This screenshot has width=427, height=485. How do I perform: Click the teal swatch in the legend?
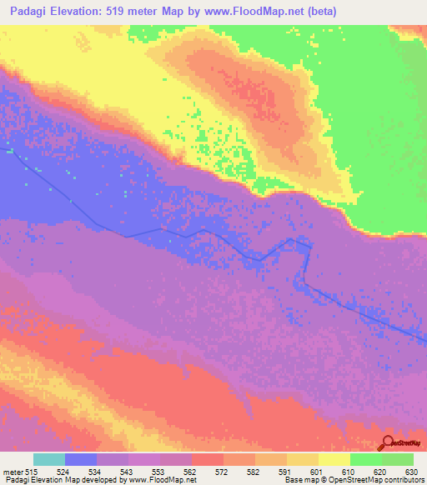tap(49, 459)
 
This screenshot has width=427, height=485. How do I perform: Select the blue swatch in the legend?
tap(81, 459)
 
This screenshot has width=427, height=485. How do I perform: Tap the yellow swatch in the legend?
tap(334, 459)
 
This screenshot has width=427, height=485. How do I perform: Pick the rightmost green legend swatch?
tap(398, 459)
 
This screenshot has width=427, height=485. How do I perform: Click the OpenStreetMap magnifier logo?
tap(388, 442)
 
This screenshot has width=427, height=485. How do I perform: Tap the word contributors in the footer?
tap(403, 480)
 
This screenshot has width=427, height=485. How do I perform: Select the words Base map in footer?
tap(298, 480)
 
